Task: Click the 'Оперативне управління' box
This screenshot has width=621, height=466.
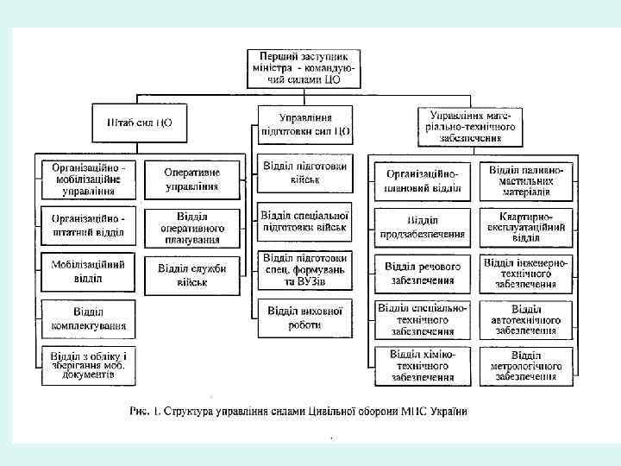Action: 191,179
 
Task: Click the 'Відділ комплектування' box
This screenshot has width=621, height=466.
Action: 88,319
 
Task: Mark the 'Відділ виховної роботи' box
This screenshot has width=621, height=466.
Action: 305,317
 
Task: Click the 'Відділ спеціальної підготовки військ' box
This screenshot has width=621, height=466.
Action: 305,221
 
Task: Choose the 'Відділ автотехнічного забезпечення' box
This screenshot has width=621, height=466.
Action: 526,319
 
